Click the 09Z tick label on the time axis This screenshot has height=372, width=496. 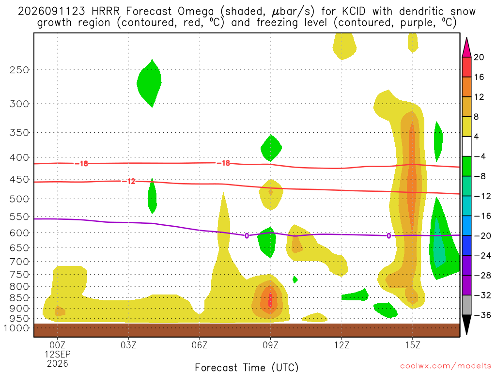point(270,345)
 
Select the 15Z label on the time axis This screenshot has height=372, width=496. point(413,345)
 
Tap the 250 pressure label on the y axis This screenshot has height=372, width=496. point(19,70)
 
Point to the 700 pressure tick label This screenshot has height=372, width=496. point(19,262)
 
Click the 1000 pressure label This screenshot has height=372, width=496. point(16,328)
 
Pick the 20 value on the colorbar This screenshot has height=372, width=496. point(479,57)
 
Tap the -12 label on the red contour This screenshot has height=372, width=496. point(129,181)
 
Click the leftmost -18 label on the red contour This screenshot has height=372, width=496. point(81,164)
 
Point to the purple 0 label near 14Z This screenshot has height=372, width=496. point(389,236)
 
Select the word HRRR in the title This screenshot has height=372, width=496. point(105,12)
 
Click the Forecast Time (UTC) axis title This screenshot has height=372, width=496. point(247,367)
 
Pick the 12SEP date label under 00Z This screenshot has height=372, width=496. point(58,354)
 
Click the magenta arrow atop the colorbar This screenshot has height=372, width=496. point(466,47)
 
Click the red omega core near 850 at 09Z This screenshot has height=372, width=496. point(270,300)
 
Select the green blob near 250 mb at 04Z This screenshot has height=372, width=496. point(149,83)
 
